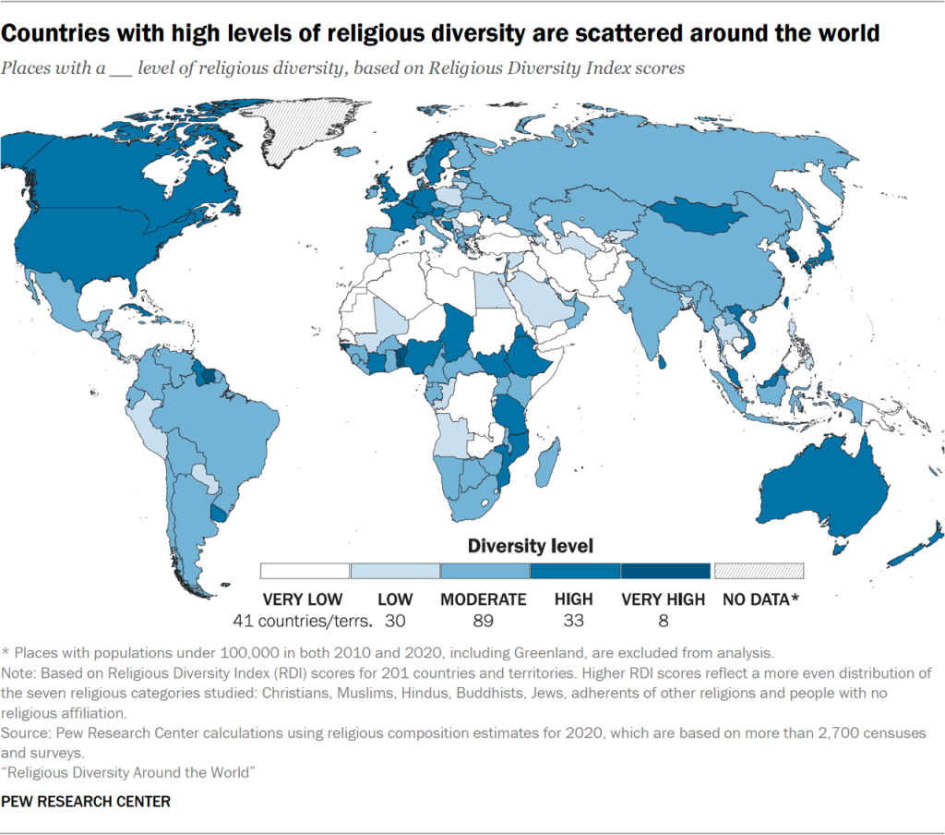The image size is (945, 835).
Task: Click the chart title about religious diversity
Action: point(439,35)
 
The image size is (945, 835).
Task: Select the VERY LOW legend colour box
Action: point(305,571)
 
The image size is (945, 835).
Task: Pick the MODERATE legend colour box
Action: point(484,571)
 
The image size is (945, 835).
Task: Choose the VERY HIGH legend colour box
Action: point(665,571)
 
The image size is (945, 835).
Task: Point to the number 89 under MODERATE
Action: point(484,621)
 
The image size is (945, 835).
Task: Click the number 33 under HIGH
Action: point(573,621)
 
